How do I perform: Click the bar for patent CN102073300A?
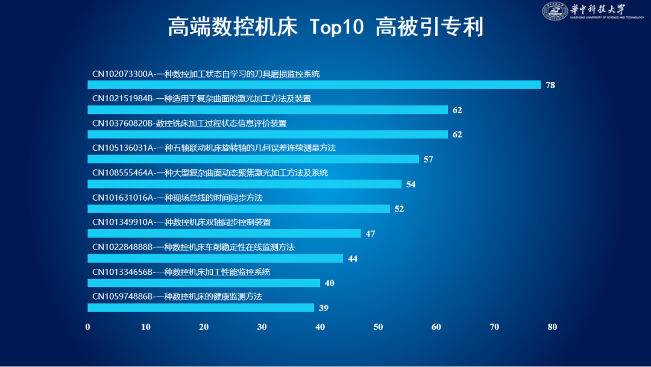[x=314, y=85]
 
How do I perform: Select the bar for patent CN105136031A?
[x=253, y=159]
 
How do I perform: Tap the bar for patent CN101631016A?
[x=239, y=209]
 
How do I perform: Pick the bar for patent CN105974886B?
[x=201, y=308]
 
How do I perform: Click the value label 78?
[x=550, y=86]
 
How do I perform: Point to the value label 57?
[x=429, y=160]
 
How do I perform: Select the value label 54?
[x=411, y=184]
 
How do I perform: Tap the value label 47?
[x=370, y=234]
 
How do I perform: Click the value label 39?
[x=324, y=309]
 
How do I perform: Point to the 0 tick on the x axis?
[x=88, y=327]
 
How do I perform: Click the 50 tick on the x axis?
[x=378, y=327]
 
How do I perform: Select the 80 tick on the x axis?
[x=552, y=327]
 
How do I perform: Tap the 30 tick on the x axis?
[x=262, y=327]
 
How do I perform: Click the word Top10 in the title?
[x=336, y=27]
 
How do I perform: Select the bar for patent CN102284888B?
[x=215, y=259]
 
